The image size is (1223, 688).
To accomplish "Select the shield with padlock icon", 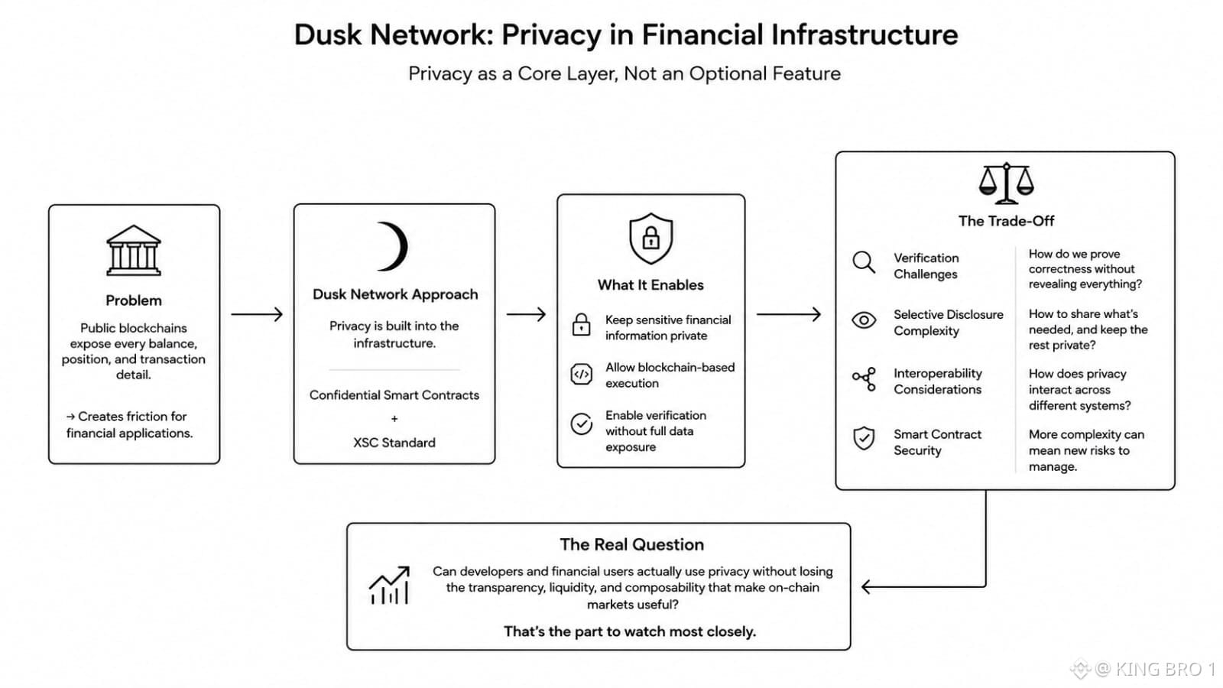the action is pyautogui.click(x=650, y=239).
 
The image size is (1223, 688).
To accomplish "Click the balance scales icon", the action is pyautogui.click(x=1006, y=183).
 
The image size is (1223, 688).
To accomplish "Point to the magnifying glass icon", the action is pyautogui.click(x=864, y=263).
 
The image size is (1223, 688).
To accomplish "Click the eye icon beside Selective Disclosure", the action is pyautogui.click(x=864, y=320).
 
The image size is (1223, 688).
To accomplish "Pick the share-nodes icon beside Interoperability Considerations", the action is pyautogui.click(x=865, y=379).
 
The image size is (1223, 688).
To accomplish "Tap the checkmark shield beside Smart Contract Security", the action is pyautogui.click(x=864, y=438).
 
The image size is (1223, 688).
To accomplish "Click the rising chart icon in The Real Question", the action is pyautogui.click(x=389, y=586).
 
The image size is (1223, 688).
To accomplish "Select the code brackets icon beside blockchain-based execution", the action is pyautogui.click(x=581, y=375).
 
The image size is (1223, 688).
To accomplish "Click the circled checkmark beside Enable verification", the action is pyautogui.click(x=582, y=424).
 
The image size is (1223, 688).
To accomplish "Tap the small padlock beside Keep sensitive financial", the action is pyautogui.click(x=581, y=324).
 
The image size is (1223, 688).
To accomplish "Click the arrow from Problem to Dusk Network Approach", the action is pyautogui.click(x=257, y=314).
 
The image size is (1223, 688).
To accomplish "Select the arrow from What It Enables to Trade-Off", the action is pyautogui.click(x=789, y=314).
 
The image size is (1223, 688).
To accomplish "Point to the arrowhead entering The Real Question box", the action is pyautogui.click(x=866, y=587).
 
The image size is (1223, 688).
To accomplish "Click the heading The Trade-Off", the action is pyautogui.click(x=1006, y=221).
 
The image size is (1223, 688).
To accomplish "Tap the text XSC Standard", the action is pyautogui.click(x=394, y=443).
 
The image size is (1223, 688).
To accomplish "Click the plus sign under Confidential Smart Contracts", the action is pyautogui.click(x=394, y=419).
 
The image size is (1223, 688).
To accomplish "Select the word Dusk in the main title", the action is pyautogui.click(x=328, y=34).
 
